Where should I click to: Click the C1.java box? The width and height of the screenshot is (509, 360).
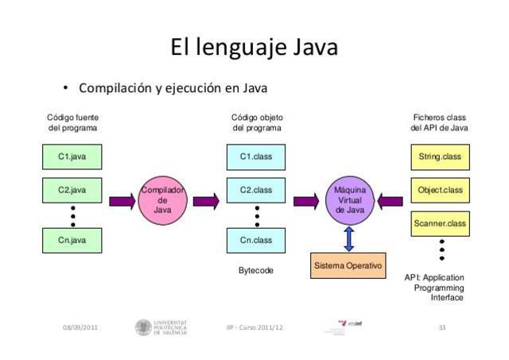tap(72, 157)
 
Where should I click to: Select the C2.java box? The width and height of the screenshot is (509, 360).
tap(72, 191)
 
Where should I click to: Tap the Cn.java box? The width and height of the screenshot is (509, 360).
tap(72, 240)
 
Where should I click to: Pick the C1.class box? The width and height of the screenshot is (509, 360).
tap(256, 157)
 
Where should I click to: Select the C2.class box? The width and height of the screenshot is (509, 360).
tap(256, 191)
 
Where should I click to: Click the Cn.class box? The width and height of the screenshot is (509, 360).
tap(256, 240)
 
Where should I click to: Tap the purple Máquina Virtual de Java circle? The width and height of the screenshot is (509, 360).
tap(349, 200)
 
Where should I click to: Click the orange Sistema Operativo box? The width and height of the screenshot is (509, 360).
tap(348, 265)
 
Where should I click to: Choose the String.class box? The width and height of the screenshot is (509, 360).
tap(440, 157)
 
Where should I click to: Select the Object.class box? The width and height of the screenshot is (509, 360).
tap(440, 191)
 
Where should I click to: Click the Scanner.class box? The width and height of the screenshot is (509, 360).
tap(440, 223)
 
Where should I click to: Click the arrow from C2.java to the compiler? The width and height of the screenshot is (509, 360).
tap(122, 201)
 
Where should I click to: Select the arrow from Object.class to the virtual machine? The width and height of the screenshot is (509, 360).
tap(390, 201)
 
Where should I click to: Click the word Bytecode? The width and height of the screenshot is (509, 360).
tap(256, 271)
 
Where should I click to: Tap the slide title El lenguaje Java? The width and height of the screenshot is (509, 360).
tap(254, 48)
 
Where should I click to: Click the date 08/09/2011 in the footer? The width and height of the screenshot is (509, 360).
tap(80, 327)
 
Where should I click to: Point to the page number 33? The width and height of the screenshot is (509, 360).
tap(441, 327)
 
